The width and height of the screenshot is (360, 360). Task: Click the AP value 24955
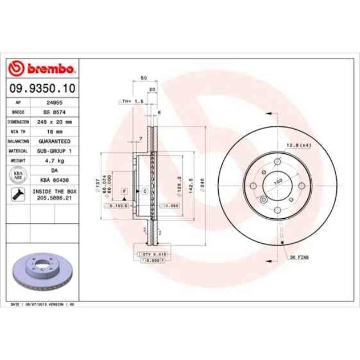[54, 103]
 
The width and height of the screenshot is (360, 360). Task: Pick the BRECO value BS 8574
[54, 112]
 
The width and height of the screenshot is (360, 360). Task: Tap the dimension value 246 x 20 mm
[54, 122]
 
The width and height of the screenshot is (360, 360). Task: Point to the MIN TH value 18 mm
[54, 131]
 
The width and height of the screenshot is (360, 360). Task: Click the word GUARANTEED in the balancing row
[54, 141]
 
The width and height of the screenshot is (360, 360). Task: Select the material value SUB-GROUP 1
[54, 151]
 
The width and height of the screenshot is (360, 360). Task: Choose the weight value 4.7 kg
[54, 160]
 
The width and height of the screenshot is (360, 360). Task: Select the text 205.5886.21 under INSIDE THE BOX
[54, 197]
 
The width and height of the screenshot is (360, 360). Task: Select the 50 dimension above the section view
[143, 78]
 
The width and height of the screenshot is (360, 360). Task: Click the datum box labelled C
[145, 191]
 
